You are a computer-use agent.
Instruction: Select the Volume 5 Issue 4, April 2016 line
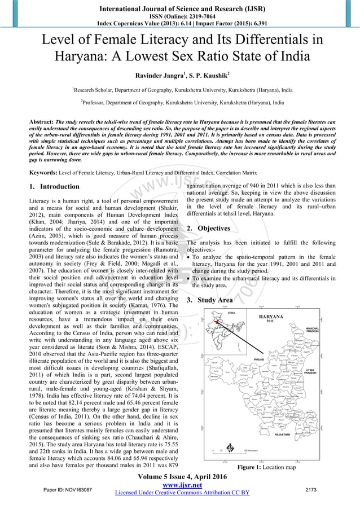click(179, 477)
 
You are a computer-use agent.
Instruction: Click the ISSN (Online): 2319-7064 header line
click(179, 15)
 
